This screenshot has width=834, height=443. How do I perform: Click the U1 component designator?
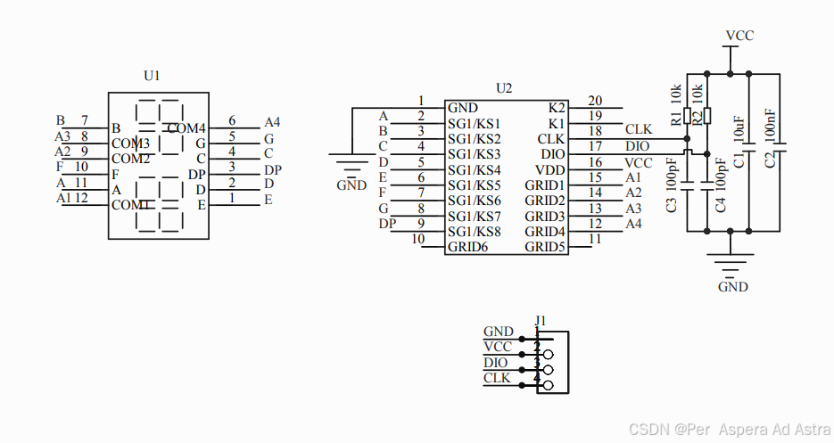coord(152,77)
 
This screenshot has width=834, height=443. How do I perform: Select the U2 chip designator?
coord(504,87)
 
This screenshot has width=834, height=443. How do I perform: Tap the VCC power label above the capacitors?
coord(739,36)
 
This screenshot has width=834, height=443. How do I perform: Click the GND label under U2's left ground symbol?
coord(351,185)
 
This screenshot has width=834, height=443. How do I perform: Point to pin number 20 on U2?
coord(595,101)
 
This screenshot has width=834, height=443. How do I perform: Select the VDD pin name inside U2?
coord(549,169)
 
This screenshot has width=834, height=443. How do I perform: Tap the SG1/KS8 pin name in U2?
coord(475,232)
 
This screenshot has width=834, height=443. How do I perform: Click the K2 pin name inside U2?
coord(556,107)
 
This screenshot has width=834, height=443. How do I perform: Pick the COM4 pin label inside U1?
coord(186,128)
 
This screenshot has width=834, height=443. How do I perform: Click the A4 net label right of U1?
coord(272,122)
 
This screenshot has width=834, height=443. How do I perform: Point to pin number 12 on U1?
coord(81,198)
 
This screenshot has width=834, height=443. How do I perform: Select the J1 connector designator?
coord(540,320)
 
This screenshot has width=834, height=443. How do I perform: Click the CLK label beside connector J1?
coord(497,378)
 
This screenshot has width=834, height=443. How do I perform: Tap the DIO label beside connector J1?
coord(496,363)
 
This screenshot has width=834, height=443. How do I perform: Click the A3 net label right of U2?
coord(633,209)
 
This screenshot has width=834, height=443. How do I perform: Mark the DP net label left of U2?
coord(387,224)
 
